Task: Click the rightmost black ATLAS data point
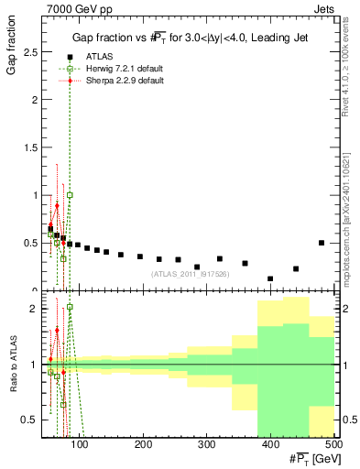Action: pyautogui.click(x=322, y=243)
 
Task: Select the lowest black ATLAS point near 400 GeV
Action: pyautogui.click(x=270, y=278)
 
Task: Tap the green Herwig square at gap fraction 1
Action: pyautogui.click(x=70, y=195)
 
